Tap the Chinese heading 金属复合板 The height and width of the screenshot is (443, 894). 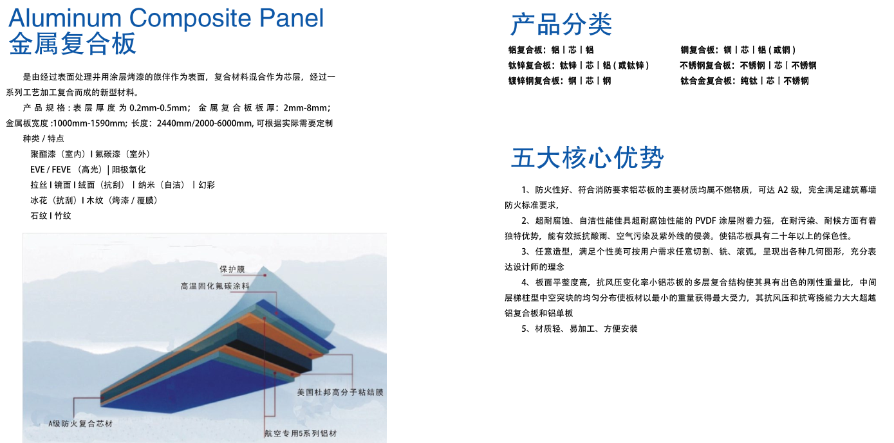tap(73, 44)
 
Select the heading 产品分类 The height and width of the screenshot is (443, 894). tap(561, 24)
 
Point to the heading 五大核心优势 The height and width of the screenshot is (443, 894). tap(587, 158)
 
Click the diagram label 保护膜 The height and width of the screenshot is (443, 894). tap(232, 269)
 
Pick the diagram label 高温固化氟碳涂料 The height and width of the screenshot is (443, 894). tap(214, 285)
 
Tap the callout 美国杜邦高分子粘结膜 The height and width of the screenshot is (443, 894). tap(340, 392)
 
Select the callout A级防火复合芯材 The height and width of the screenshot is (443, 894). tap(80, 424)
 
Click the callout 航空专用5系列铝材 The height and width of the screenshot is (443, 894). tap(301, 433)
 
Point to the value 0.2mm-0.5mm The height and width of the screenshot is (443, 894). tap(158, 107)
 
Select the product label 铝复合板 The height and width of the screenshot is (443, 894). tap(526, 50)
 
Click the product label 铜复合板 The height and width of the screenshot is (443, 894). tap(698, 50)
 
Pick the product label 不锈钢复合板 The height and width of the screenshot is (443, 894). tap(706, 65)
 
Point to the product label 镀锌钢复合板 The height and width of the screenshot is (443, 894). tap(534, 80)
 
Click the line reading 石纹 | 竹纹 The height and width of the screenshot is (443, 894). tap(50, 215)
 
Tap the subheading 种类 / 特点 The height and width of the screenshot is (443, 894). tap(43, 138)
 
